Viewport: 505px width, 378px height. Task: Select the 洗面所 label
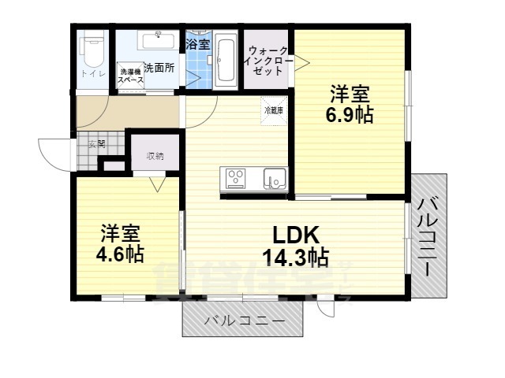(x=159, y=69)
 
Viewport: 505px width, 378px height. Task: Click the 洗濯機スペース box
(x=130, y=76)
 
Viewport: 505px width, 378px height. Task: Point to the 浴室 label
(x=197, y=44)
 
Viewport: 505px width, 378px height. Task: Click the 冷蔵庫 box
(x=274, y=110)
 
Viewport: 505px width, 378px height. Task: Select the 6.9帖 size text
(x=350, y=114)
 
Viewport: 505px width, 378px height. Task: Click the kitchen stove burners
(x=237, y=179)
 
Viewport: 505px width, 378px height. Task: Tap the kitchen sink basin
(x=274, y=179)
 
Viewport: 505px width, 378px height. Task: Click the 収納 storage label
(x=155, y=155)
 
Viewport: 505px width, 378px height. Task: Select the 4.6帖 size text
(x=119, y=254)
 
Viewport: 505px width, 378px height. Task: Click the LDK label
(x=295, y=235)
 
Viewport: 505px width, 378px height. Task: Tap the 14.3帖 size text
(x=295, y=257)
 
